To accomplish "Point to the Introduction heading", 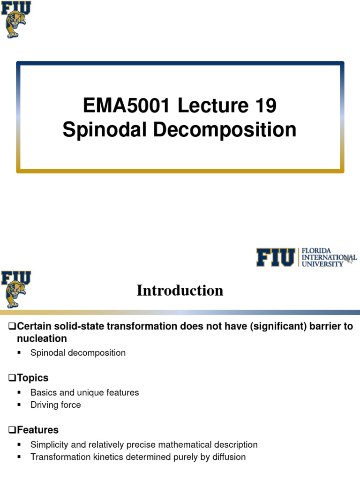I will click(180, 291).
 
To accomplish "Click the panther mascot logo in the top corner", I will click(16, 20).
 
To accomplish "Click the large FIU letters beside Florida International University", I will click(276, 257).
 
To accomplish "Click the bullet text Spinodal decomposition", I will click(78, 353).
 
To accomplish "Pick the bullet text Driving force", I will click(56, 405).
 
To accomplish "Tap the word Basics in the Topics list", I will click(43, 393).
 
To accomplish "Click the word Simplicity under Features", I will click(49, 444).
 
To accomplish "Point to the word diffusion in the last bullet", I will click(228, 457).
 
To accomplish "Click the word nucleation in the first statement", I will click(42, 338).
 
